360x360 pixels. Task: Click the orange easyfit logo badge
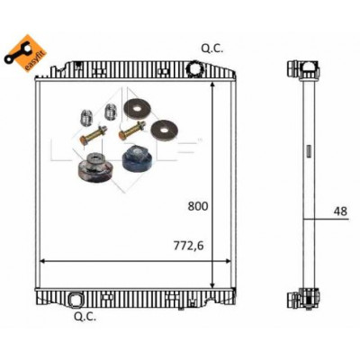click(x=25, y=53)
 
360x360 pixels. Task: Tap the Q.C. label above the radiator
click(x=212, y=49)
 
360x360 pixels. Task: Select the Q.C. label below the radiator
click(x=85, y=317)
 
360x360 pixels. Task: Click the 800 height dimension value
click(x=198, y=206)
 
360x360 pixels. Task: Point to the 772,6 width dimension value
click(x=188, y=246)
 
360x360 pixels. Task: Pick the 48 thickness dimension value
click(x=340, y=211)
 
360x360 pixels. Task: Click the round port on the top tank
click(x=195, y=68)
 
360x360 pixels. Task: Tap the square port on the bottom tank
click(x=75, y=299)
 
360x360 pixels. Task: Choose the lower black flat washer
click(x=164, y=130)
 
